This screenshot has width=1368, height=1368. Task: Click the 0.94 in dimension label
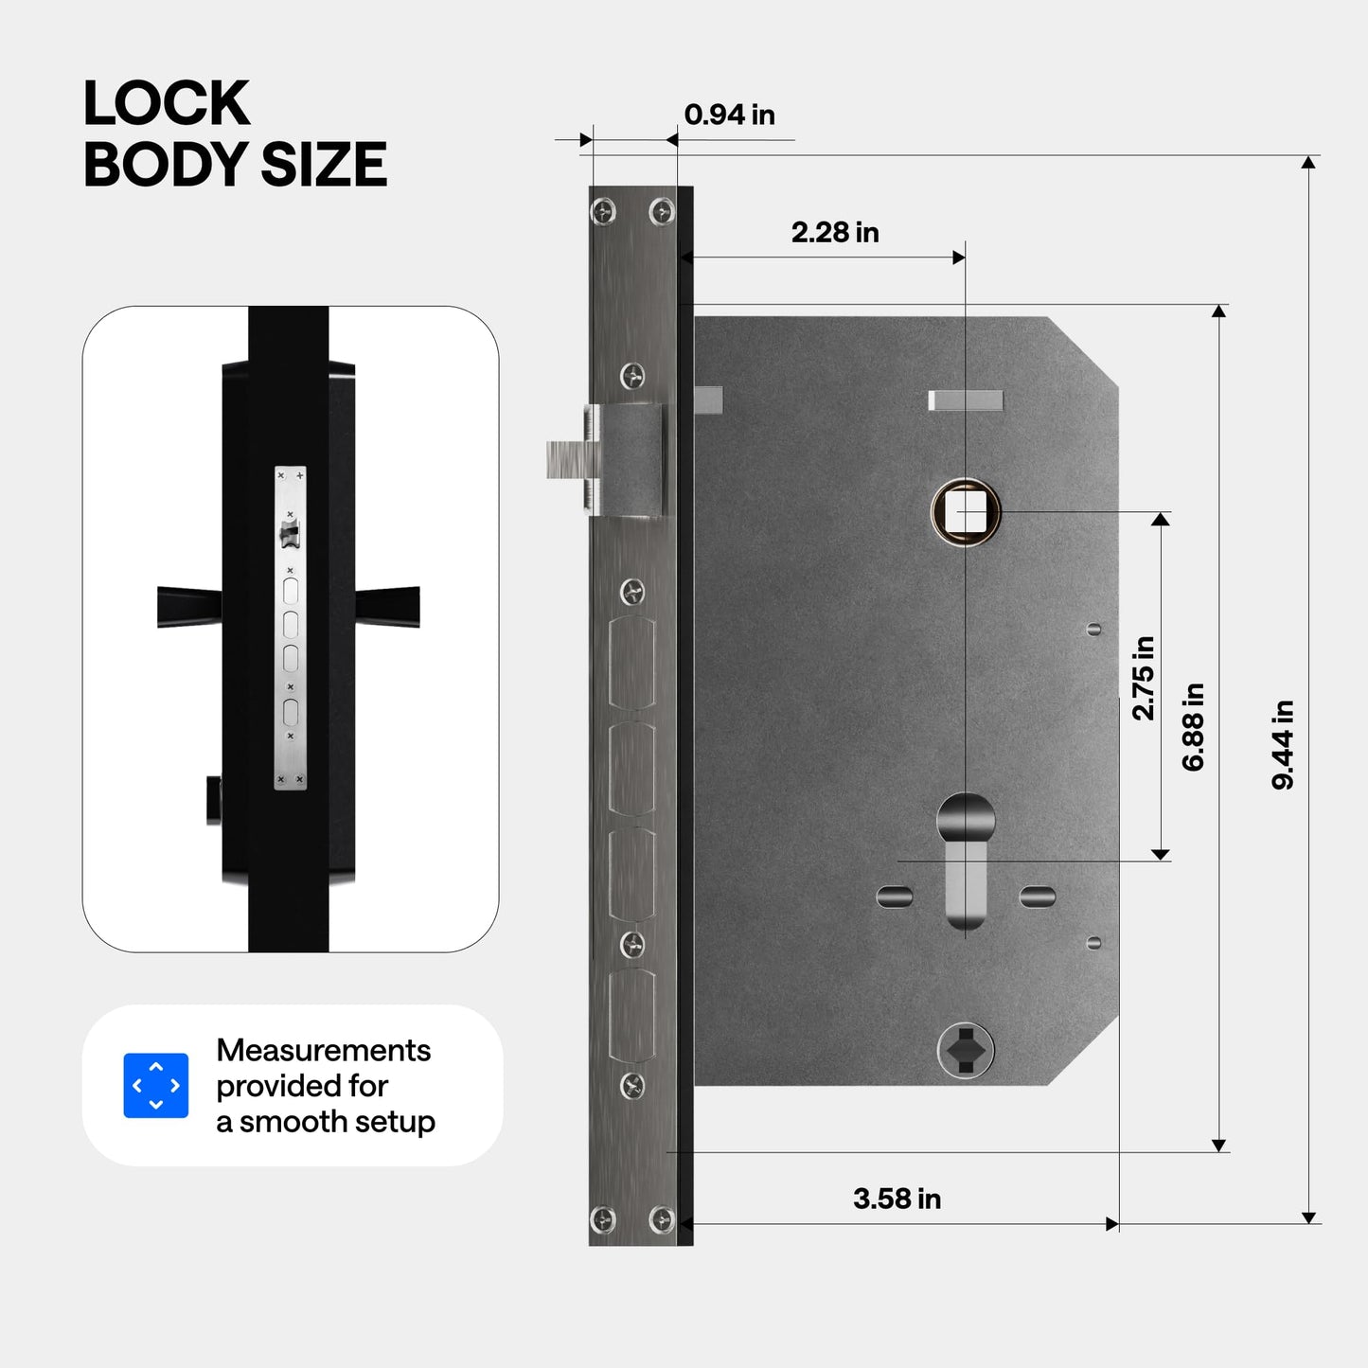[x=729, y=115]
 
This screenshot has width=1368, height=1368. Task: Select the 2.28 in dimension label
[x=835, y=233]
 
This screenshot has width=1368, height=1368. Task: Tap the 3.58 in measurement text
[x=897, y=1199]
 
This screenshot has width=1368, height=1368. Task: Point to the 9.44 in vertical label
[x=1283, y=744]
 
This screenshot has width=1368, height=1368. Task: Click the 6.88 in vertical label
[x=1193, y=726]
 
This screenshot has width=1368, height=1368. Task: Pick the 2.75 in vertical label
[x=1144, y=678]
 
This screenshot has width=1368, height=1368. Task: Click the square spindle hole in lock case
[x=966, y=512]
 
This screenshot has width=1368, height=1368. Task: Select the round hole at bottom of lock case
[x=966, y=1049]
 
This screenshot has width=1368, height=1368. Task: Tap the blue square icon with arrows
[x=156, y=1085]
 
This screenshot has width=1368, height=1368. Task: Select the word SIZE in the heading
[x=324, y=165]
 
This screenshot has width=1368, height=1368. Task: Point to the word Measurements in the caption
[x=323, y=1050]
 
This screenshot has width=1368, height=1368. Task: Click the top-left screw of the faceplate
[x=603, y=211]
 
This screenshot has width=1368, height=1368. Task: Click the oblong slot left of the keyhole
[x=895, y=896]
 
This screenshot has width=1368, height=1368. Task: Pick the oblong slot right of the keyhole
[x=1038, y=896]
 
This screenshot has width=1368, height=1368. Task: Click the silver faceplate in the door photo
[x=291, y=627]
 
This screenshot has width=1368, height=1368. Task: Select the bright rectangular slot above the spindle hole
[x=966, y=400]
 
